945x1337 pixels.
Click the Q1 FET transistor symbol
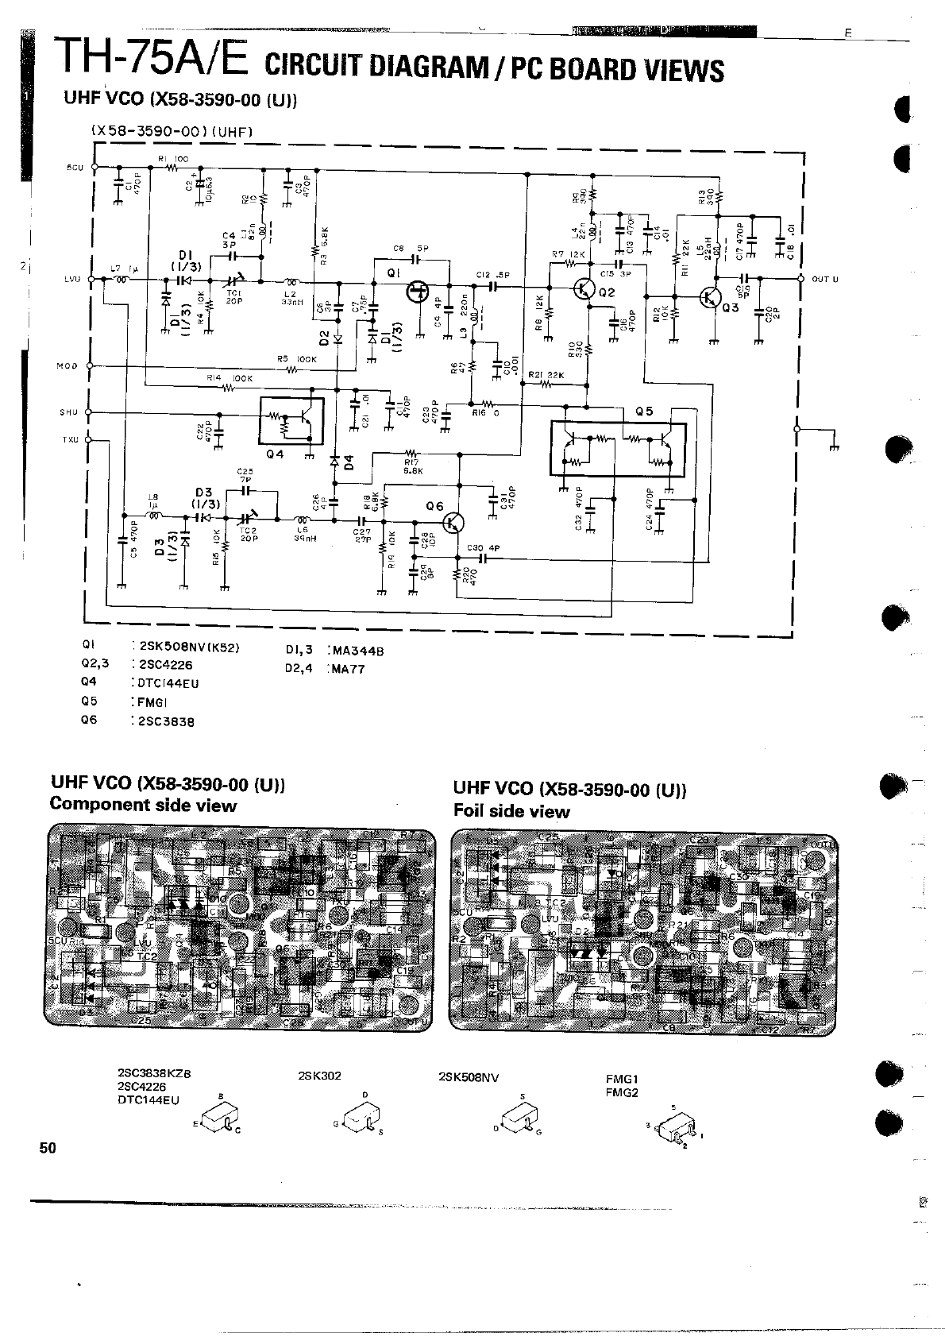click(x=416, y=292)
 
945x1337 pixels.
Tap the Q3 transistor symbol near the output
click(x=710, y=297)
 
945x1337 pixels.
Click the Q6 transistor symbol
click(x=453, y=522)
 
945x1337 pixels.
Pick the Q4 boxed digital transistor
click(x=291, y=421)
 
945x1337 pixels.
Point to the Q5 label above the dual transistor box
click(x=644, y=412)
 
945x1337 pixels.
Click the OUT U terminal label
click(x=825, y=280)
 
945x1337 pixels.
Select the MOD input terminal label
click(x=67, y=366)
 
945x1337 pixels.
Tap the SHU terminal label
click(x=67, y=412)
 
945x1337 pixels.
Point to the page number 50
click(x=48, y=1147)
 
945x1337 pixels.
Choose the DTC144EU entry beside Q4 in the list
click(x=168, y=683)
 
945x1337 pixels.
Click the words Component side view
click(x=143, y=806)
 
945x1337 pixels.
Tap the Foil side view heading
click(x=511, y=811)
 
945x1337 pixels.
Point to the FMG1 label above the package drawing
click(x=622, y=1080)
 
